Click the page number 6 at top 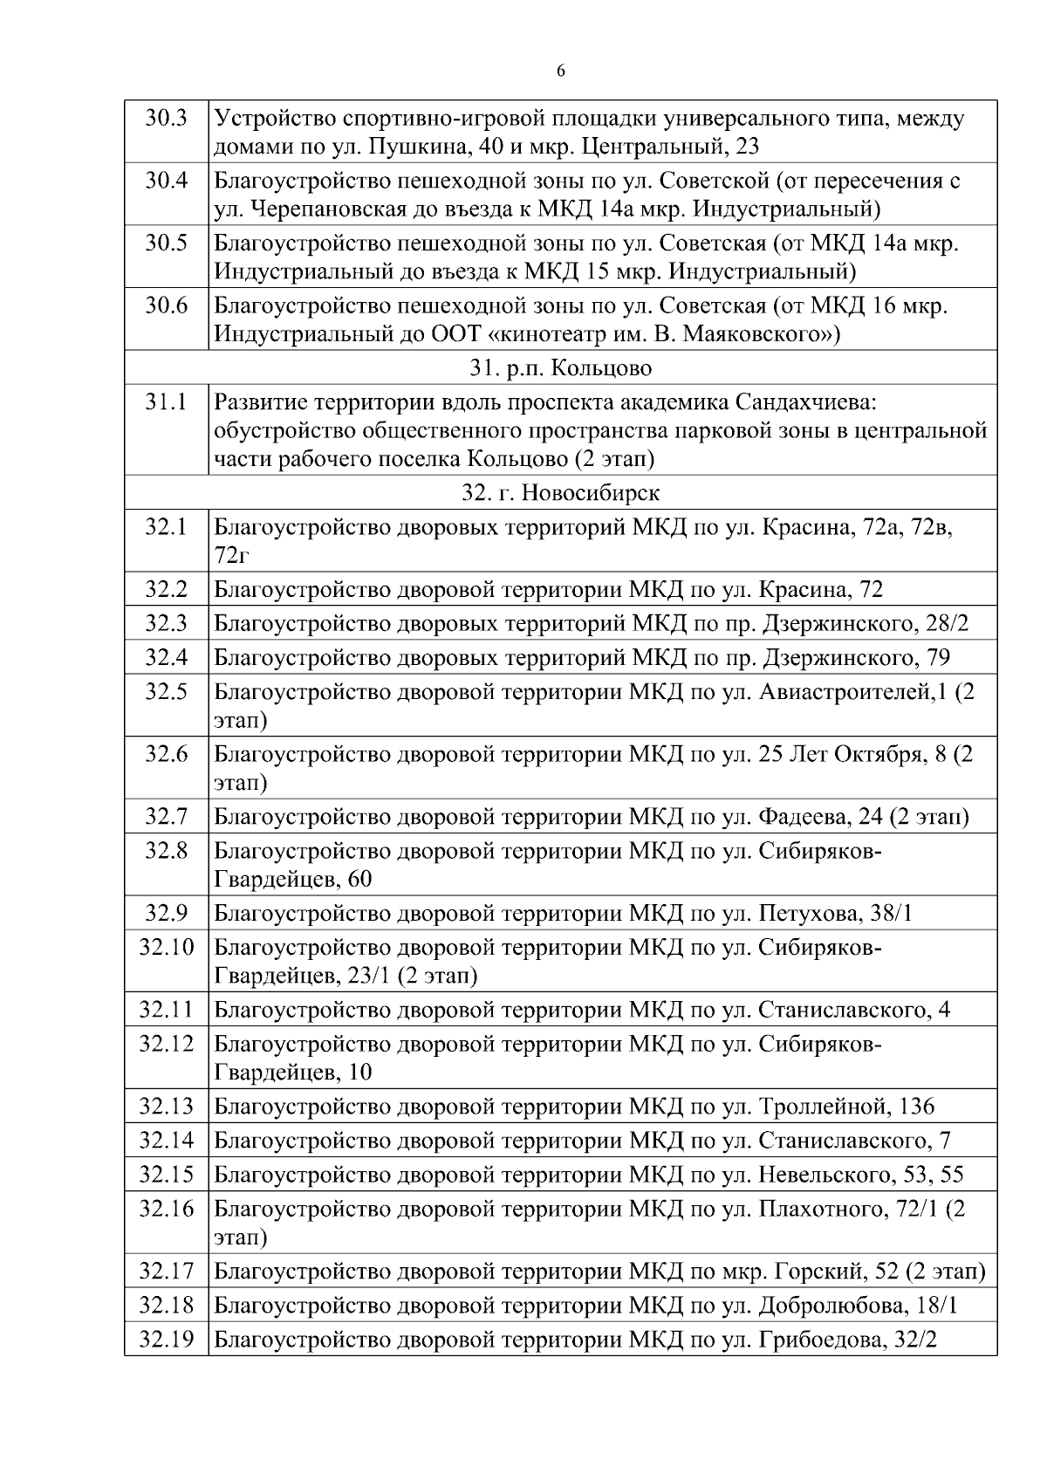[560, 72]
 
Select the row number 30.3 [166, 118]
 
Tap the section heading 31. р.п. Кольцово [560, 367]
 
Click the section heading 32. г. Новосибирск [560, 492]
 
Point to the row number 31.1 [166, 402]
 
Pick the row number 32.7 [166, 816]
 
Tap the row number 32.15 [166, 1174]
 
